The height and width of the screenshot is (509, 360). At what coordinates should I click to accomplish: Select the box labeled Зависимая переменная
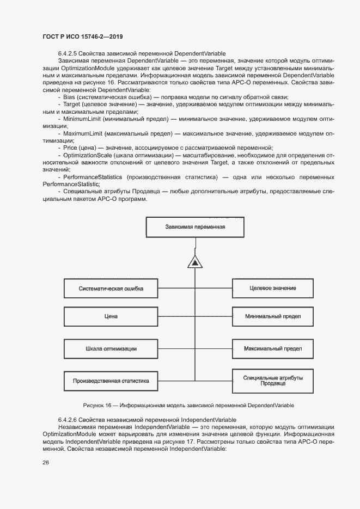[x=194, y=226]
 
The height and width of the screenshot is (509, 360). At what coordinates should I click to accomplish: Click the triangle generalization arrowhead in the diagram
[x=194, y=262]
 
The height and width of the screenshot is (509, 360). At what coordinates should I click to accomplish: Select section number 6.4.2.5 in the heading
[x=67, y=54]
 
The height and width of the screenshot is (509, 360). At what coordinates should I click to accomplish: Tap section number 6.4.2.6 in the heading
[x=67, y=420]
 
